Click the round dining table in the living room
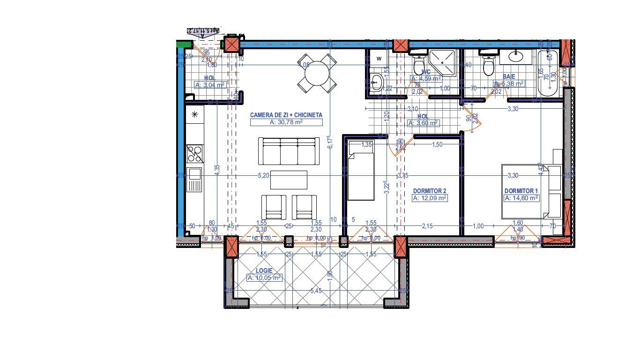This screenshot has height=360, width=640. point(317,73)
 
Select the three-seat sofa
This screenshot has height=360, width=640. point(289,151)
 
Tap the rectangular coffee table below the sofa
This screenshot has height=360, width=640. point(289,180)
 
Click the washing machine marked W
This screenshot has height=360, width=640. point(379,58)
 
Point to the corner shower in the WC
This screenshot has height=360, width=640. point(443,63)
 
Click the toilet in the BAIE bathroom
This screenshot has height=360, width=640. point(489,65)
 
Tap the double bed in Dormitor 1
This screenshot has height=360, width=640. point(531,191)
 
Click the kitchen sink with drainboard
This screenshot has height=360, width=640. point(194,180)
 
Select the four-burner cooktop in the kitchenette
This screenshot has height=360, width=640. point(195,153)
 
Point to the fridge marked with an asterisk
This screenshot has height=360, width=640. point(195,114)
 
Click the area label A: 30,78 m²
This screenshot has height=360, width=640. point(286,122)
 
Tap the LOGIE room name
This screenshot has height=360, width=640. point(264,271)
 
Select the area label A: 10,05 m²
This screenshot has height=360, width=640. point(264,277)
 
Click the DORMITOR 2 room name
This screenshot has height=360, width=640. point(429,191)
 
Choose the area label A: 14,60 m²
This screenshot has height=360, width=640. point(521,198)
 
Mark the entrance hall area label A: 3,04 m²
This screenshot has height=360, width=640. point(209,85)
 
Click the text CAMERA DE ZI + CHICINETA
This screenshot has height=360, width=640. point(286,115)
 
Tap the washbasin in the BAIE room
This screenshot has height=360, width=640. point(516,57)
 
